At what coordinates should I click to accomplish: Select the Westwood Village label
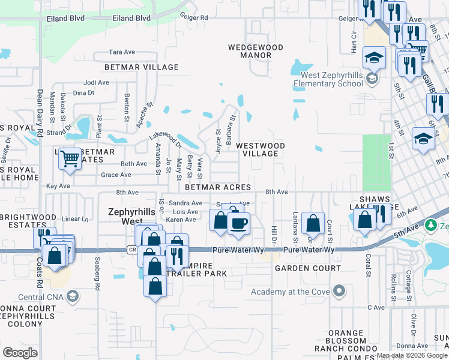pos(260,149)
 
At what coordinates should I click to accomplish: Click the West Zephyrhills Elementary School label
pos(332,80)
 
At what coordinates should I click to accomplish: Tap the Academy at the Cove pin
pos(339,292)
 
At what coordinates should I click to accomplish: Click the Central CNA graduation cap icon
pos(73,296)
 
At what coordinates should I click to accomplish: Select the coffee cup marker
pos(239,224)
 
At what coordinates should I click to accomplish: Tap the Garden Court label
pos(308,268)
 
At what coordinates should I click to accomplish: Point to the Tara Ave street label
pos(122,52)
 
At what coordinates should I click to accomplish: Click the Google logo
pos(20,352)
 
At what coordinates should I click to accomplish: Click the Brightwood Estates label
pos(28,221)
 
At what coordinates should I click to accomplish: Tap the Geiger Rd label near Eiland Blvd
pos(196,18)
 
